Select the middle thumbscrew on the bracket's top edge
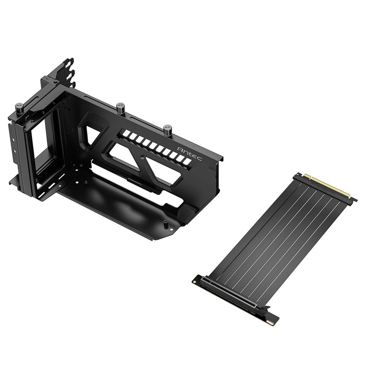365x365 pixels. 121,107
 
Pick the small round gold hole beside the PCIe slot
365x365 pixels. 195,282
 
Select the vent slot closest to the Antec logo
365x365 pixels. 186,162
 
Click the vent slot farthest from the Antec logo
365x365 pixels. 124,134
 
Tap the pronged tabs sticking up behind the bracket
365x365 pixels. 68,68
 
